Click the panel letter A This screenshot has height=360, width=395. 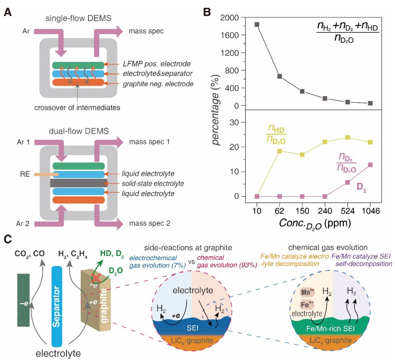pyautogui.click(x=7, y=12)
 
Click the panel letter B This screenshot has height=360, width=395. pyautogui.click(x=207, y=12)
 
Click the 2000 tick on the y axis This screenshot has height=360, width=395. pyautogui.click(x=230, y=18)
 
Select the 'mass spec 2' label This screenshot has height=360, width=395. pyautogui.click(x=150, y=223)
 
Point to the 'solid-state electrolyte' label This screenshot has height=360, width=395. pyautogui.click(x=144, y=183)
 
